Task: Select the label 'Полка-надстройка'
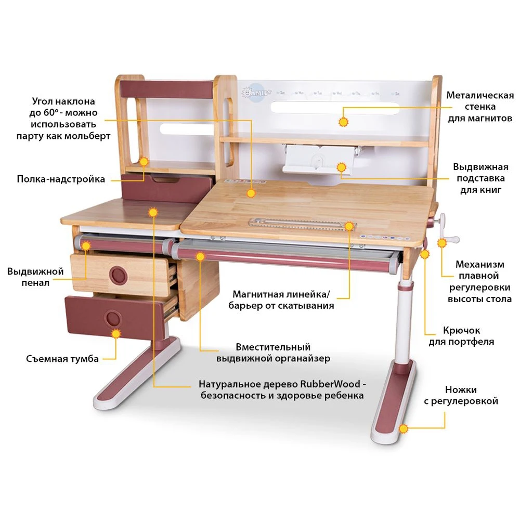61,179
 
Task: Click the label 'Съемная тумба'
62,359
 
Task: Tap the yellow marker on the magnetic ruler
349,226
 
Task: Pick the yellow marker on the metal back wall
343,122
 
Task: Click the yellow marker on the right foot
403,428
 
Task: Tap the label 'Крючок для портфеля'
461,336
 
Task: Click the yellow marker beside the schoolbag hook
425,254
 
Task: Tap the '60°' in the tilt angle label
50,113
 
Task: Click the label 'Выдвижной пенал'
35,277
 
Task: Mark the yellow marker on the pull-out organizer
200,256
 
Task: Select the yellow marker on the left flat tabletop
152,212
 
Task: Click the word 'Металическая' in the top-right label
480,95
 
